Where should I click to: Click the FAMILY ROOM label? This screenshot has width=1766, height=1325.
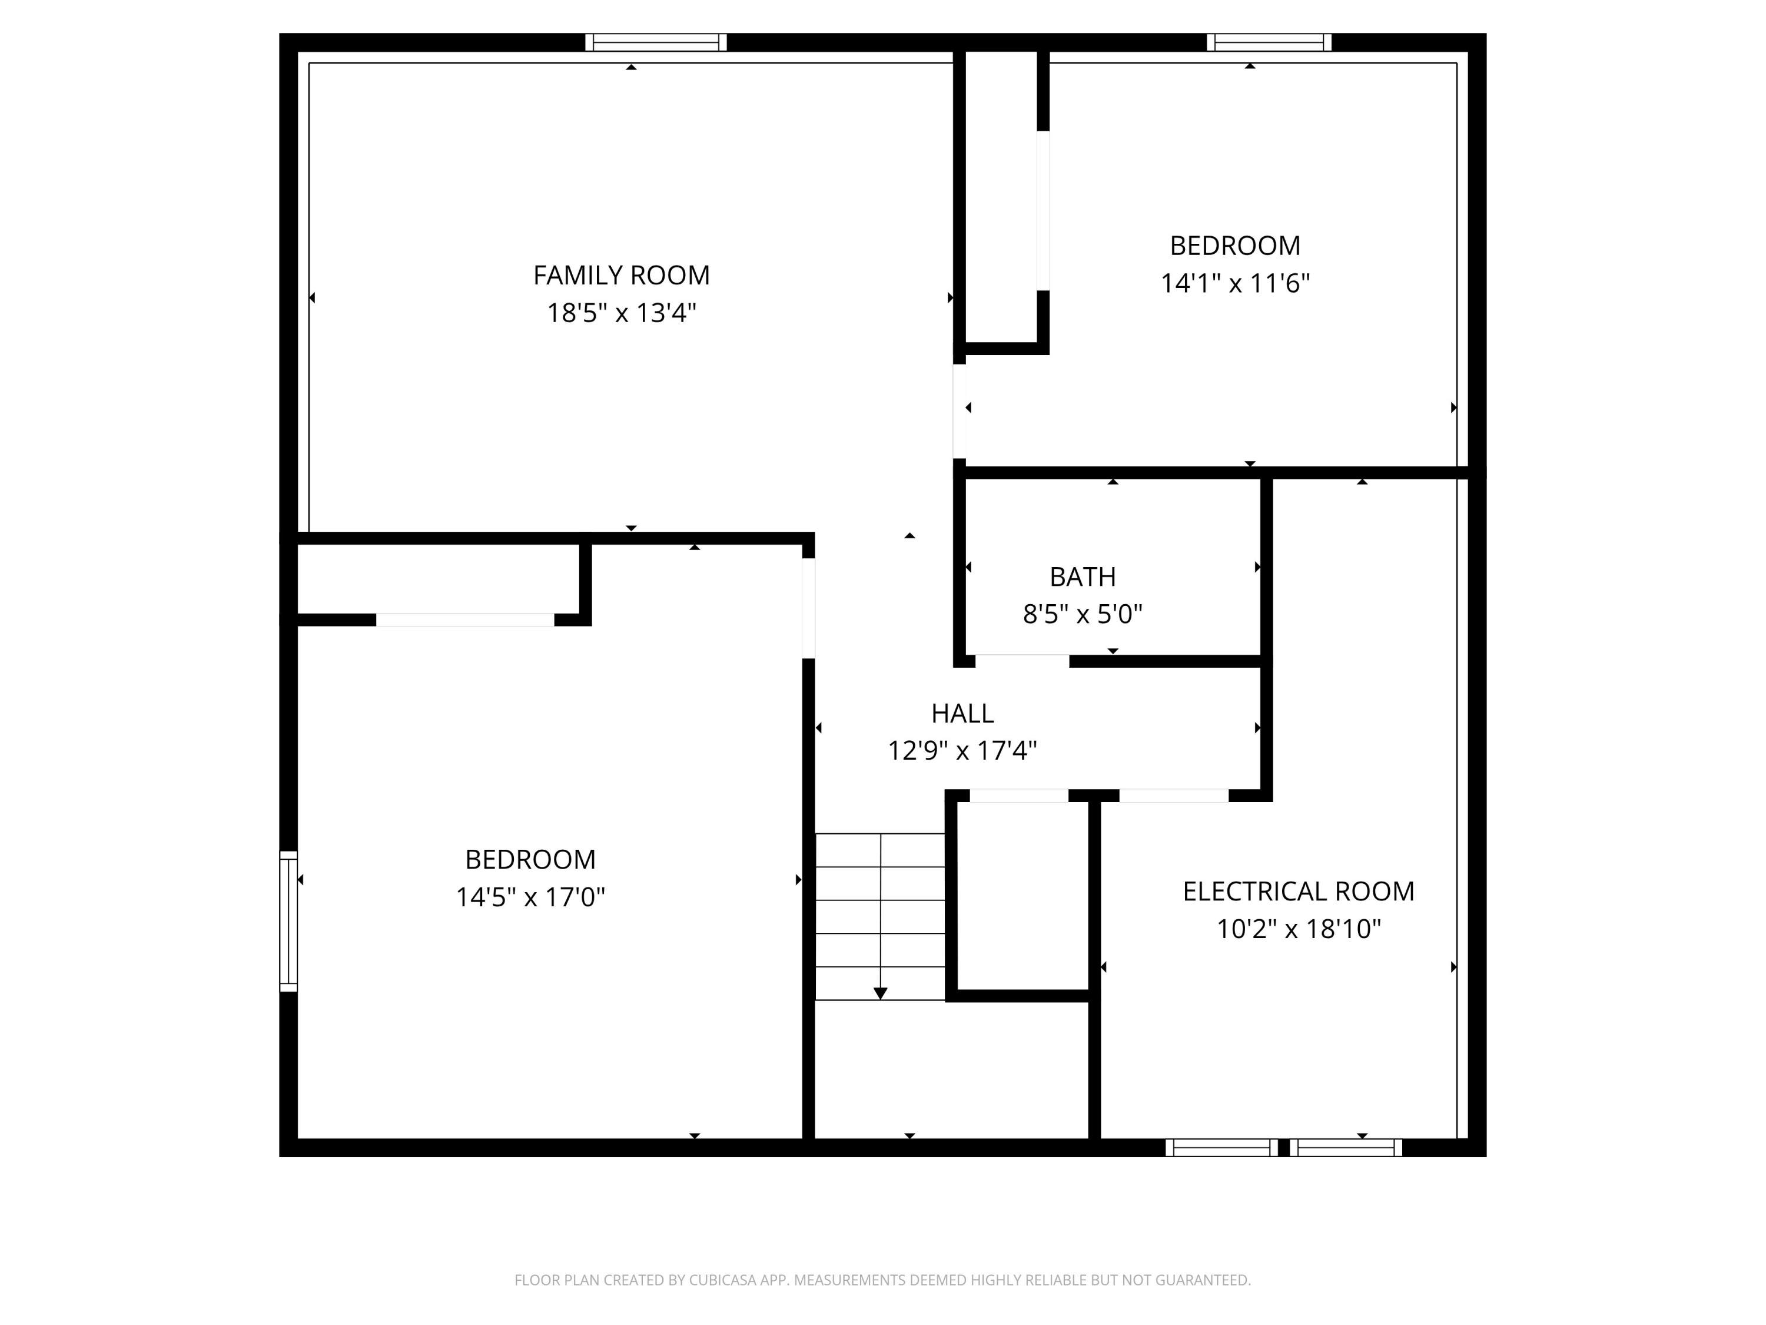[x=621, y=276]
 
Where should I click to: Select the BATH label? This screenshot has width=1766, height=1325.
[x=1083, y=577]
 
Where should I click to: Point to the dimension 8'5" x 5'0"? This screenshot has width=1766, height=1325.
[x=1083, y=614]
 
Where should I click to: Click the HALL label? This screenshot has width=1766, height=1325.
[x=962, y=713]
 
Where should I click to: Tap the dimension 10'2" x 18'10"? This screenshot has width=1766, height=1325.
[x=1298, y=929]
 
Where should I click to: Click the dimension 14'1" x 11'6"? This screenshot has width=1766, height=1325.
[x=1234, y=283]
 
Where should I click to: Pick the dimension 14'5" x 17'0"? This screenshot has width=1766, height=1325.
[x=530, y=897]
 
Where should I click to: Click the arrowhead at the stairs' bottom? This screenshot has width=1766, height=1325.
[x=880, y=993]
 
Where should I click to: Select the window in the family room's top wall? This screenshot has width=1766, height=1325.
[x=655, y=42]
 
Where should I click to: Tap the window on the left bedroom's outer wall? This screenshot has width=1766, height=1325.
[x=288, y=921]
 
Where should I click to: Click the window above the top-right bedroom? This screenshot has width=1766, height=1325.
[x=1269, y=42]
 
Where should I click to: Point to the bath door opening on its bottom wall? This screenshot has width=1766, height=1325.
[x=1022, y=661]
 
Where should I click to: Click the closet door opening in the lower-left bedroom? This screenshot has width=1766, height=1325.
[x=464, y=620]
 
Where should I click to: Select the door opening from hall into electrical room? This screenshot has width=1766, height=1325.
[x=1173, y=796]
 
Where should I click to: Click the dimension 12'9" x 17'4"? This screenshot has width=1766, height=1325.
[x=962, y=751]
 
